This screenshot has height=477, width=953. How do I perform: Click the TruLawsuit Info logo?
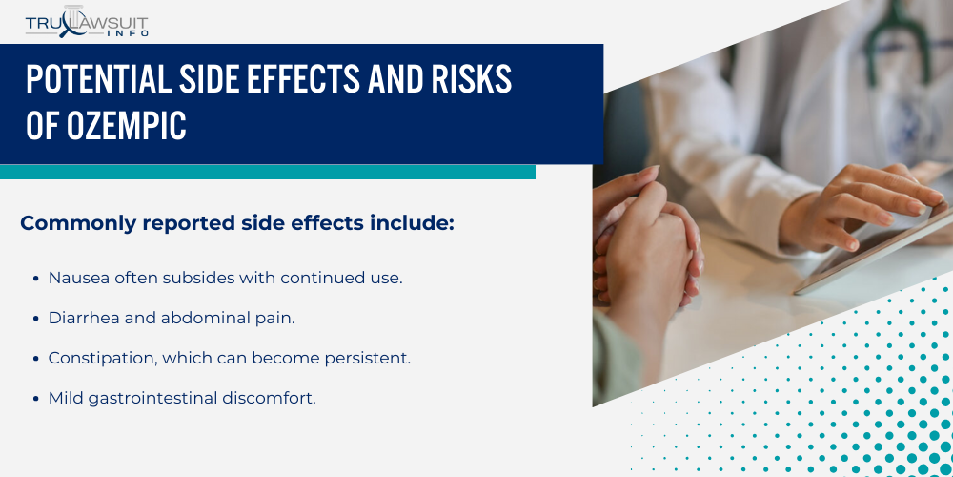point(87,22)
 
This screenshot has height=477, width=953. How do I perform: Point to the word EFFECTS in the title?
point(301,78)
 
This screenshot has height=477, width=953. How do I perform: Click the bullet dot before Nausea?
point(36,279)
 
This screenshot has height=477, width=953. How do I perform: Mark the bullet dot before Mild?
point(36,399)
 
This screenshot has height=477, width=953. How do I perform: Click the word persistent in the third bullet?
point(367,359)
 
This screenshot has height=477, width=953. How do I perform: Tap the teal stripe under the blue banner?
point(268,172)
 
